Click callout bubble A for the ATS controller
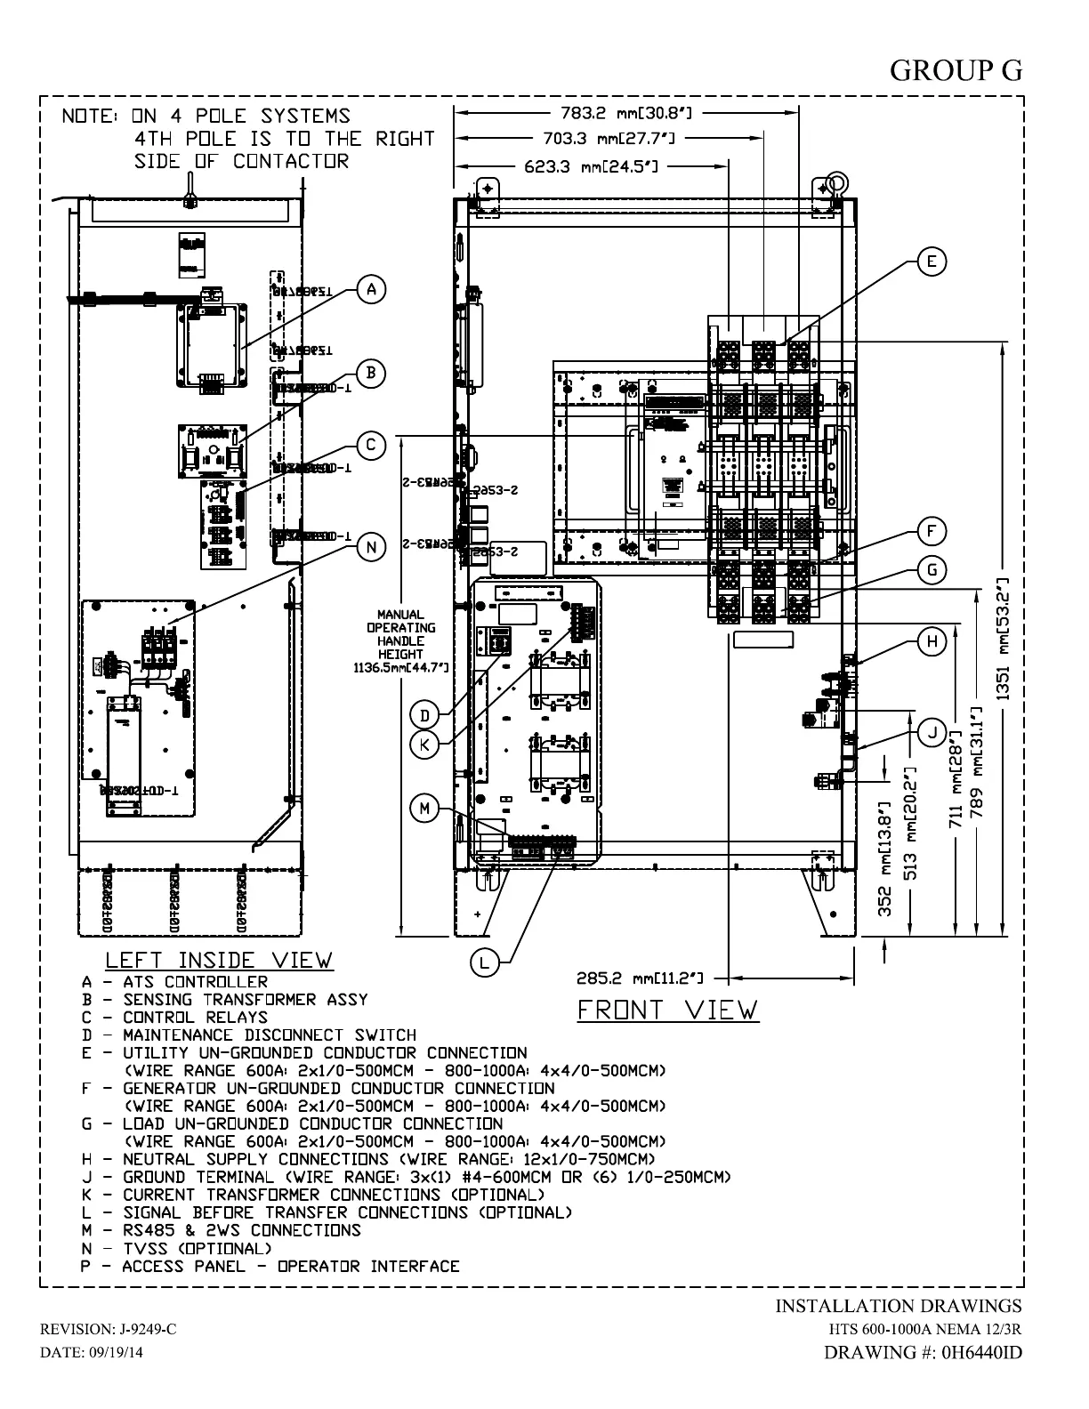coord(372,289)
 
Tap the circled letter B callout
coord(371,373)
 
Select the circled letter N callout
coord(372,547)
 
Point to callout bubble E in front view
coord(931,262)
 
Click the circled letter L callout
coord(484,962)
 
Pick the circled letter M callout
coord(424,809)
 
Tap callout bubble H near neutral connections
coord(932,641)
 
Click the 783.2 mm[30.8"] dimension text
coord(626,113)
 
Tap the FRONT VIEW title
coord(668,1010)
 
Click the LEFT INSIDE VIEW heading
coord(219,961)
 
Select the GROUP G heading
coord(956,70)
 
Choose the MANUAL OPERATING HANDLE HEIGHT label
coord(400,640)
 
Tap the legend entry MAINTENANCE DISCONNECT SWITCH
coord(249,1035)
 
